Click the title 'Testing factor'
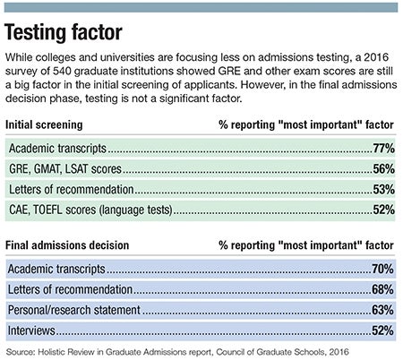[x=64, y=32]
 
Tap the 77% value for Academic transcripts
[x=384, y=149]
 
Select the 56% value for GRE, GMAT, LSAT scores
[x=384, y=169]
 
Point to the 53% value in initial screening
[x=384, y=189]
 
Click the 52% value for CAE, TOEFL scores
[x=384, y=210]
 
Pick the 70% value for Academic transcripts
[x=382, y=269]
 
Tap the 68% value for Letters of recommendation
[x=382, y=289]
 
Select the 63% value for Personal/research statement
[x=382, y=310]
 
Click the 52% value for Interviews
[x=382, y=330]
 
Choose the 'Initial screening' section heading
[x=44, y=124]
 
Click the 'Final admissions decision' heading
[x=67, y=245]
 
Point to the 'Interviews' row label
[x=31, y=330]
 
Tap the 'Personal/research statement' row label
[x=74, y=310]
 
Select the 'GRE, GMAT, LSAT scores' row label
[x=65, y=169]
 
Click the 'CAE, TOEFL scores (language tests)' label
[x=90, y=210]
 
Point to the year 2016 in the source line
[x=339, y=352]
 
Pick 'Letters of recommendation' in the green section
[x=72, y=189]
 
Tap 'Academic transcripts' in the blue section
[x=56, y=269]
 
